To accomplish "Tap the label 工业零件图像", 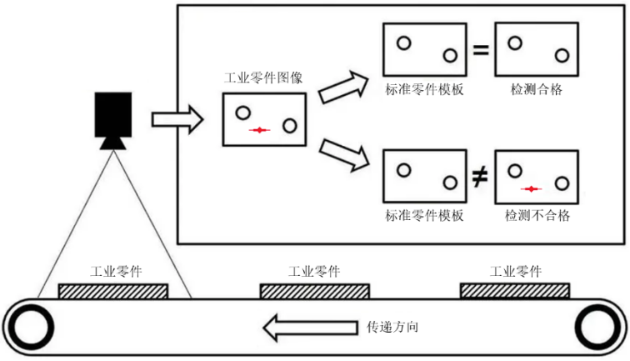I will [x=264, y=78].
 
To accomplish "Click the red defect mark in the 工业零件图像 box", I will [x=261, y=130].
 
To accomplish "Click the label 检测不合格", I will [x=537, y=215].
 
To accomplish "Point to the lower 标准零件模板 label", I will [x=424, y=215].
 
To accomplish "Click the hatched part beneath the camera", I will [x=113, y=291].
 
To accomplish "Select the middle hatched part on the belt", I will [x=314, y=291].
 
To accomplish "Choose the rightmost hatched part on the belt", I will [x=515, y=290].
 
